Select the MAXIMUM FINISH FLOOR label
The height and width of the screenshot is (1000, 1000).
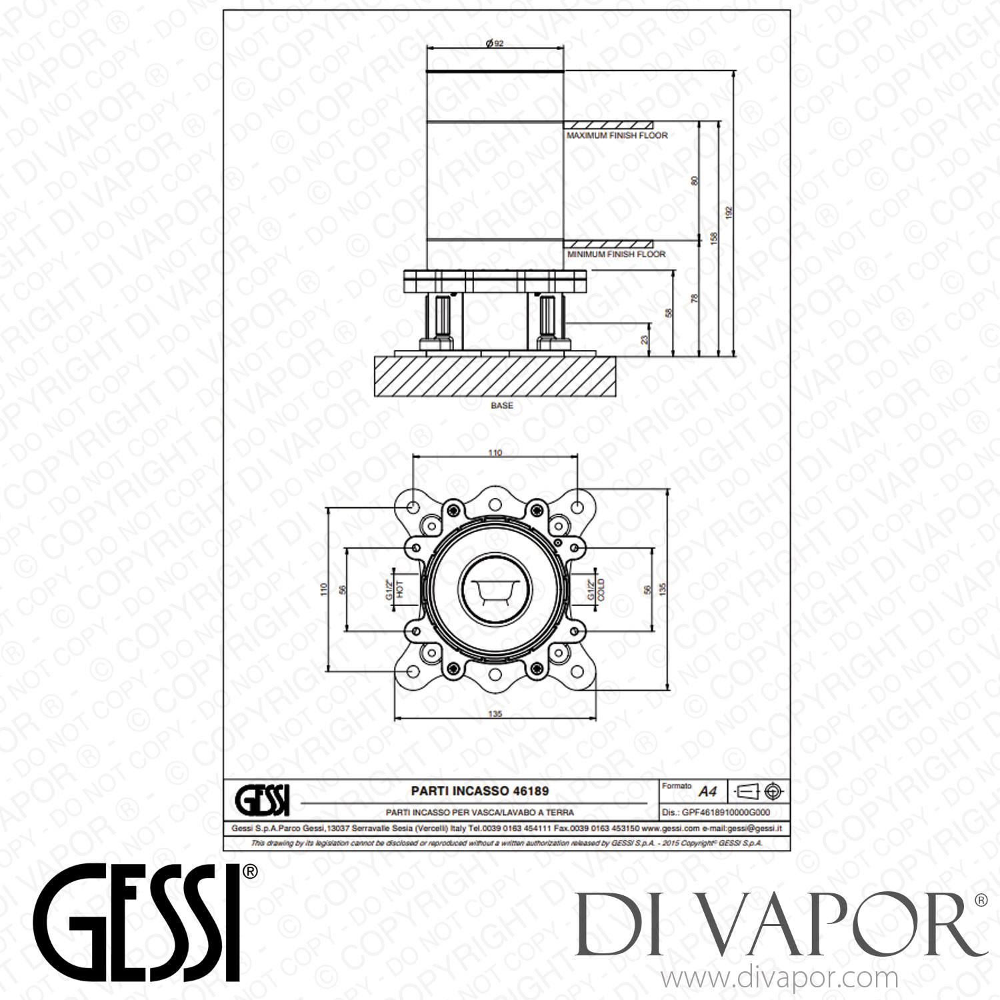click(x=617, y=135)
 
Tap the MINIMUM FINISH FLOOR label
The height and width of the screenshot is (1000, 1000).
click(x=616, y=254)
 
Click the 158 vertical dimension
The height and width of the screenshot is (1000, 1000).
click(x=714, y=239)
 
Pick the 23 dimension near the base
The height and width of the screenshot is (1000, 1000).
click(x=643, y=339)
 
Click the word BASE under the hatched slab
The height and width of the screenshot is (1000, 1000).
click(x=502, y=405)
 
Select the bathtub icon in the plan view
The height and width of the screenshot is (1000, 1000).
click(x=494, y=590)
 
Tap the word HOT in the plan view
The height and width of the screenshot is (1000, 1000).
click(x=400, y=590)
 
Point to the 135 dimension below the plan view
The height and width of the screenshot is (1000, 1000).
click(x=495, y=713)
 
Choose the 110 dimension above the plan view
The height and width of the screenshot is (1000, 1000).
click(x=494, y=453)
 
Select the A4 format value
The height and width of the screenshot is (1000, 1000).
click(x=707, y=792)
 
